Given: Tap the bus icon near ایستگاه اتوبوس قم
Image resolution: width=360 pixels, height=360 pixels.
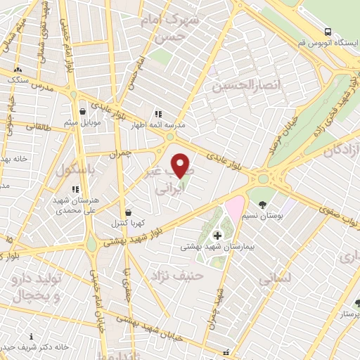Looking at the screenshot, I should click(328, 31).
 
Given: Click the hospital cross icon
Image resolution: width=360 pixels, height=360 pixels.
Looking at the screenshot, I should click(217, 235).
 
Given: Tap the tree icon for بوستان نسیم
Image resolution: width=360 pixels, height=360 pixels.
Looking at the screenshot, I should click(263, 205).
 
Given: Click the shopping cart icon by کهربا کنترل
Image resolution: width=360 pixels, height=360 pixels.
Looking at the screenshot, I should click(127, 212).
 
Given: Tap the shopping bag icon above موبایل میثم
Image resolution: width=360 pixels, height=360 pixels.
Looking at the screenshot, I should click(83, 111).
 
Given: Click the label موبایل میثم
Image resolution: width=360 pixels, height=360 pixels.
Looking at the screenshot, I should click(83, 122).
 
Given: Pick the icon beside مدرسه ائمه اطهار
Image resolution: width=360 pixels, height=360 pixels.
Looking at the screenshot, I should click(157, 113).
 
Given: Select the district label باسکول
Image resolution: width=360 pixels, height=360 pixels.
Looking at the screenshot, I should click(65, 170).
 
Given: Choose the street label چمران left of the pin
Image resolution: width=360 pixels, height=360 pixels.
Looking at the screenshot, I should click(119, 152).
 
